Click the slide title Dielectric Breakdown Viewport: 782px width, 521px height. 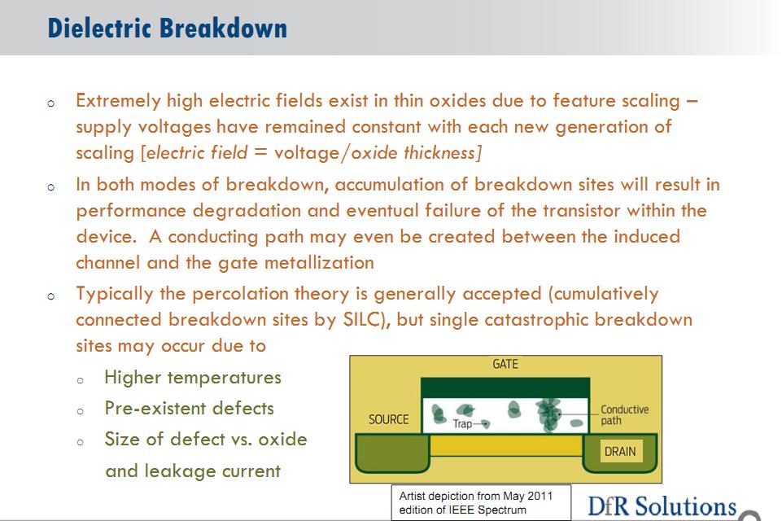coord(167,28)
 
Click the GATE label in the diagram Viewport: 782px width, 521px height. coord(505,365)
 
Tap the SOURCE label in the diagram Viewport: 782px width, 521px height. coord(388,419)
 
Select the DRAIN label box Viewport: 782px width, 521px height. coord(620,451)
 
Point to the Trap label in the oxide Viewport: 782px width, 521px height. coord(462,423)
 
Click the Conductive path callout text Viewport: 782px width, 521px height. coord(624,414)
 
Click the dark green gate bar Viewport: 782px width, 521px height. coord(505,387)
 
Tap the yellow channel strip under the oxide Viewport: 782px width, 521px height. coord(505,445)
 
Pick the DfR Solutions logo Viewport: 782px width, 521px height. coord(662,506)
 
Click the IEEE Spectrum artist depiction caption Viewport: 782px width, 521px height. coord(476,502)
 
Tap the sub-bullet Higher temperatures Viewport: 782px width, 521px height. coord(193,377)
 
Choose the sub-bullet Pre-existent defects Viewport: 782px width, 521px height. coord(189,408)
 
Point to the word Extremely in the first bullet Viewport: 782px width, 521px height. coord(118,101)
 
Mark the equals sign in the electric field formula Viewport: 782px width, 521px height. coord(260,151)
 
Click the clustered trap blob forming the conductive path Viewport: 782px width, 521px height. coord(548,414)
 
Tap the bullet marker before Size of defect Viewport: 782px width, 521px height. coord(80,442)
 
